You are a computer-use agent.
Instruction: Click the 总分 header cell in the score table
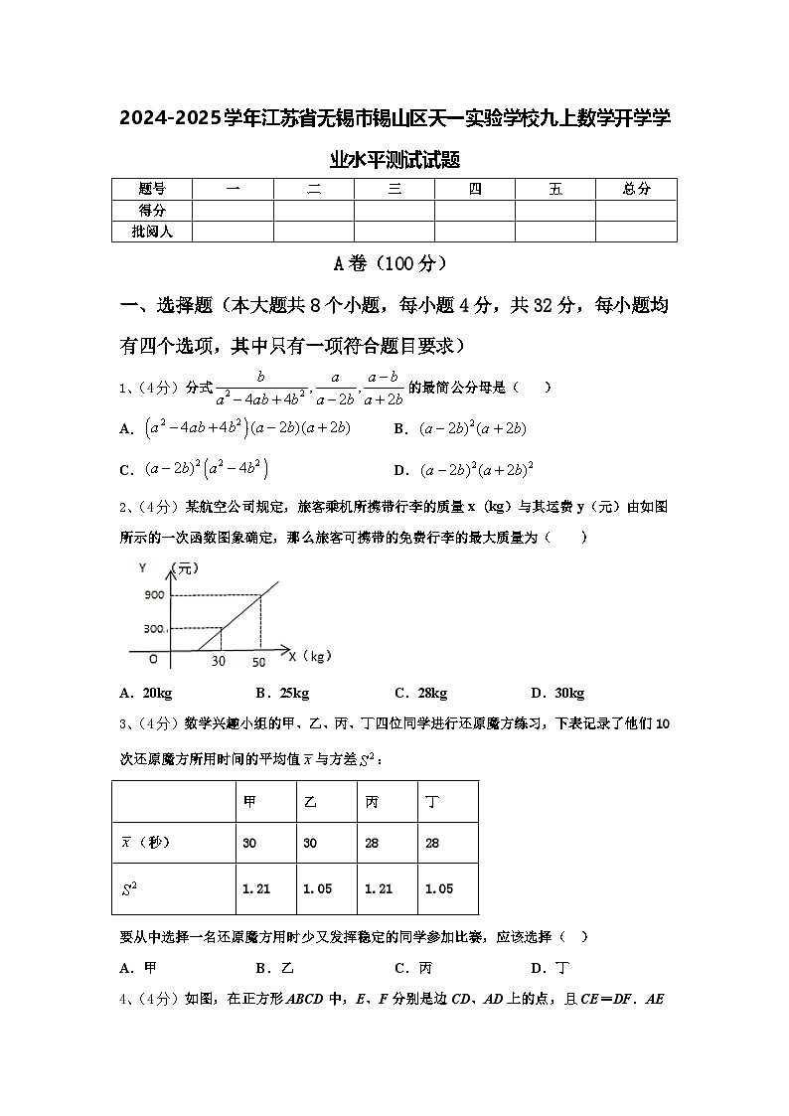(x=636, y=189)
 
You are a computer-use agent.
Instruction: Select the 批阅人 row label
(x=152, y=232)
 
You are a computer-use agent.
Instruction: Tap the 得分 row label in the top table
(x=152, y=211)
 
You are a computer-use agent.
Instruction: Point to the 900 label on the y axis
(x=153, y=594)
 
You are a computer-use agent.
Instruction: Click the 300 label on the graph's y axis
(x=153, y=629)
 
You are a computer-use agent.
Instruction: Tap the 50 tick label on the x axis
(x=258, y=662)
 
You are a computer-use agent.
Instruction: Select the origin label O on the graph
(x=153, y=658)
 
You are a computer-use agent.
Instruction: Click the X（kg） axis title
(x=309, y=656)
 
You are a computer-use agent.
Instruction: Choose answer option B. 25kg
(x=282, y=694)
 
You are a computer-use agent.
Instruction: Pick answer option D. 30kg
(x=557, y=694)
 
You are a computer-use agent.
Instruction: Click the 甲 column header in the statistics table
(x=249, y=801)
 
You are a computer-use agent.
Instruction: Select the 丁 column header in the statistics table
(x=432, y=801)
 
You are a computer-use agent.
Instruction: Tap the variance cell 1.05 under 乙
(x=317, y=889)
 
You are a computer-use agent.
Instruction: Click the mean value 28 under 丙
(x=371, y=843)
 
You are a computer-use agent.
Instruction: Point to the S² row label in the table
(x=129, y=889)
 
